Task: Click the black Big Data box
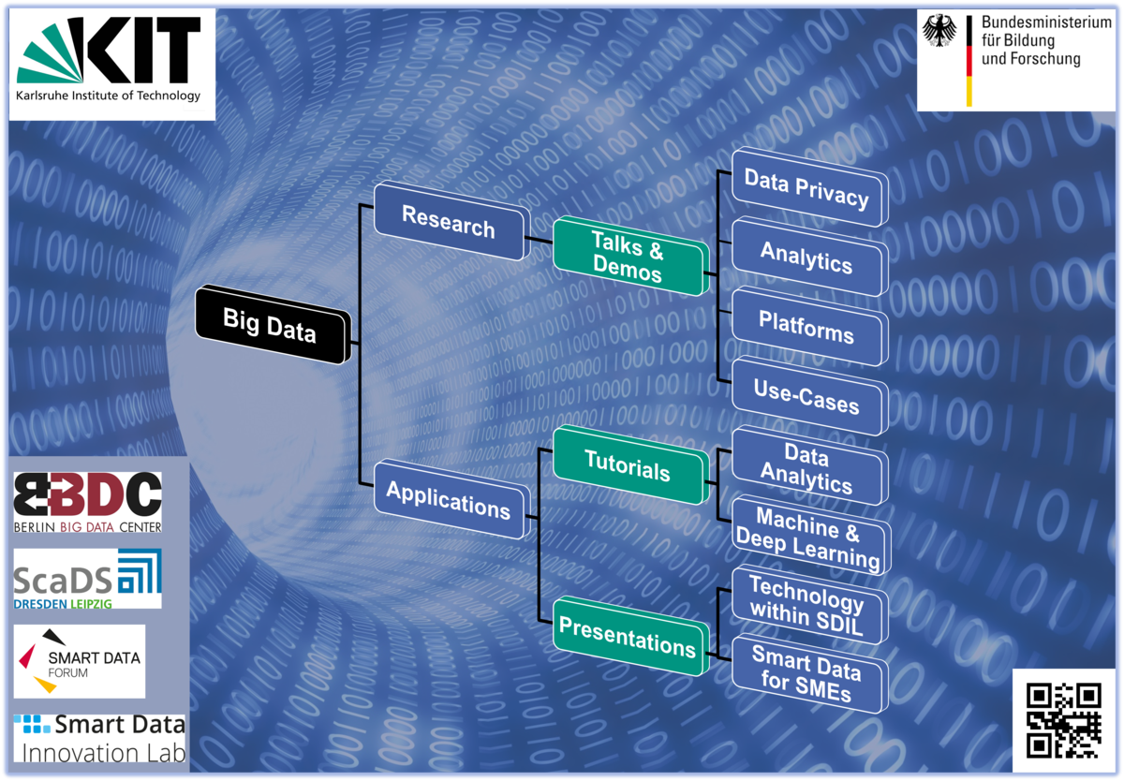click(x=270, y=324)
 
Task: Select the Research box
click(x=449, y=221)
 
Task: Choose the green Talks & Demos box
click(x=628, y=258)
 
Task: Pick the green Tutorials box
click(x=628, y=464)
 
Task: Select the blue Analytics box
click(x=806, y=256)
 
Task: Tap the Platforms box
click(x=806, y=327)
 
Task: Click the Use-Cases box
click(x=806, y=395)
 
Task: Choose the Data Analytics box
click(x=806, y=467)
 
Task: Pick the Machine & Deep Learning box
click(x=807, y=536)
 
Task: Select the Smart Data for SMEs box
click(x=806, y=673)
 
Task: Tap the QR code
click(x=1063, y=720)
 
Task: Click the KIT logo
click(x=112, y=62)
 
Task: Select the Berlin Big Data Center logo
click(x=87, y=503)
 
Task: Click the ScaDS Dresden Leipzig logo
click(x=87, y=579)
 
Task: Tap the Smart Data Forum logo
click(x=80, y=661)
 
